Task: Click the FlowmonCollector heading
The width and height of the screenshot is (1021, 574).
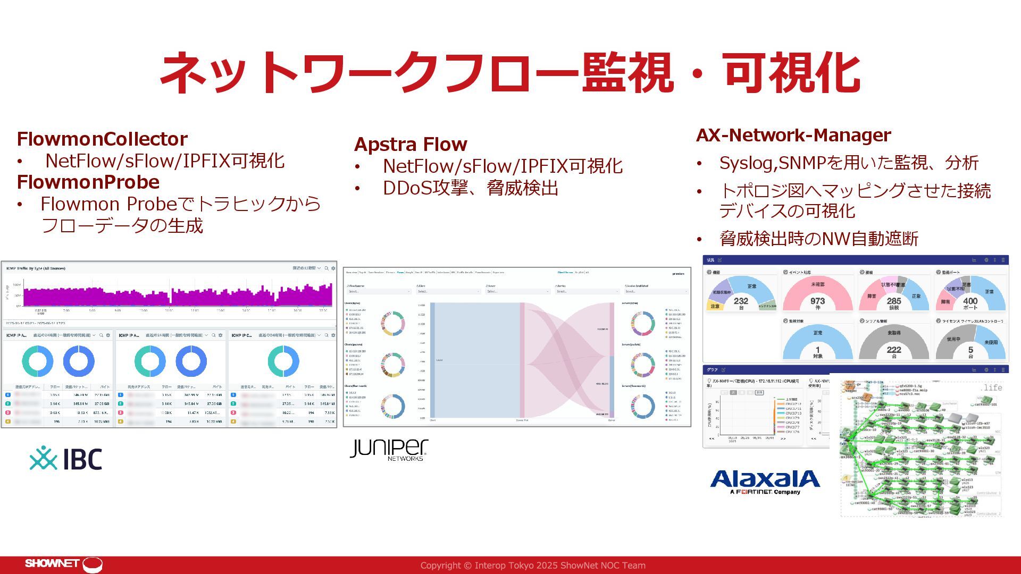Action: coord(102,139)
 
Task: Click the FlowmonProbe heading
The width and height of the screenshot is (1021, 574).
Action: coord(88,182)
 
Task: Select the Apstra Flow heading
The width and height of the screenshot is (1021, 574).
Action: coord(411,145)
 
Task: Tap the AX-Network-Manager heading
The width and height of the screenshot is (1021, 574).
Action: coord(793,136)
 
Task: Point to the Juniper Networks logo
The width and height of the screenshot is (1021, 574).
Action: coord(389,449)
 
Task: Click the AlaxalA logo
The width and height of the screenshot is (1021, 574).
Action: coord(765,482)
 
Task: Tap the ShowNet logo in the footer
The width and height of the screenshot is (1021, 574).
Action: coord(63,564)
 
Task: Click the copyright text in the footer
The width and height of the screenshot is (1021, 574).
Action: coord(533,565)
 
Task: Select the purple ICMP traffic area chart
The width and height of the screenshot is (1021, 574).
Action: coord(178,295)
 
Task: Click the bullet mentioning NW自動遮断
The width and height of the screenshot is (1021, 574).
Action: coord(818,239)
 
